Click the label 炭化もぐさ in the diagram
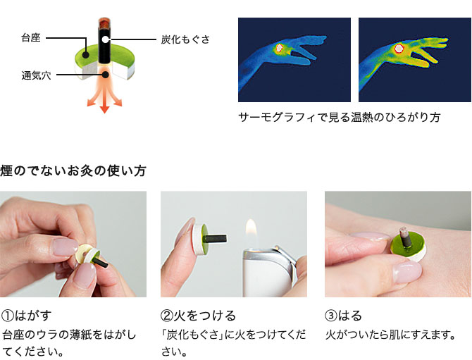tap(185, 40)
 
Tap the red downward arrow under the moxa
tap(104, 101)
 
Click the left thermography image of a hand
tap(294, 60)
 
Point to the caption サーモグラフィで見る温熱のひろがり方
tap(340, 117)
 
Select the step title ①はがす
tap(27, 315)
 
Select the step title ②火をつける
tap(198, 315)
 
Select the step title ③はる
tap(343, 315)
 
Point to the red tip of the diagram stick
tap(104, 22)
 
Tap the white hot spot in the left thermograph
tap(279, 48)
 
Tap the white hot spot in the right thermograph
tap(399, 49)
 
